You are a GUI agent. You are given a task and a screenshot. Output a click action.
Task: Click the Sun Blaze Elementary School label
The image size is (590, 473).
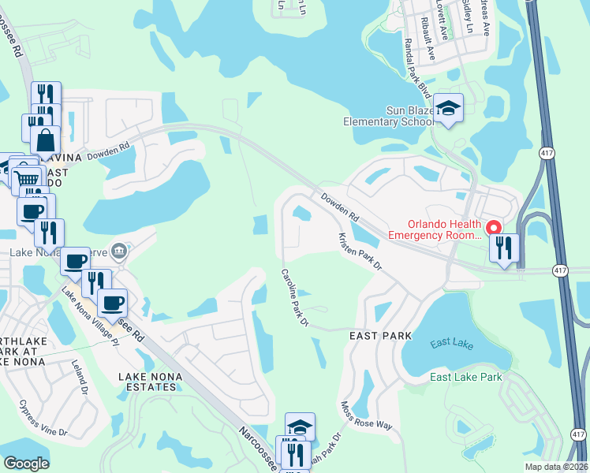pyautogui.click(x=388, y=116)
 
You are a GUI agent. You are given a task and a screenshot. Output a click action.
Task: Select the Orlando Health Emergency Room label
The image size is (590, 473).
pyautogui.click(x=434, y=229)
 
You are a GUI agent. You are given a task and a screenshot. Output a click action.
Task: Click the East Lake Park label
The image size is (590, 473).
pyautogui.click(x=466, y=377)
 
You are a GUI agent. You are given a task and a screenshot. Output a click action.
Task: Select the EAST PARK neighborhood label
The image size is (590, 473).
pyautogui.click(x=381, y=336)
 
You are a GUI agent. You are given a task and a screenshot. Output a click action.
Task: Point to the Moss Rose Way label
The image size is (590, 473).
pyautogui.click(x=366, y=415)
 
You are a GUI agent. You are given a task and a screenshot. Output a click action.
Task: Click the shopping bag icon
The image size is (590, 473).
pyautogui.click(x=46, y=140)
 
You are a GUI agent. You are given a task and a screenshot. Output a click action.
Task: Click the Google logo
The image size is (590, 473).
pyautogui.click(x=26, y=463)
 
